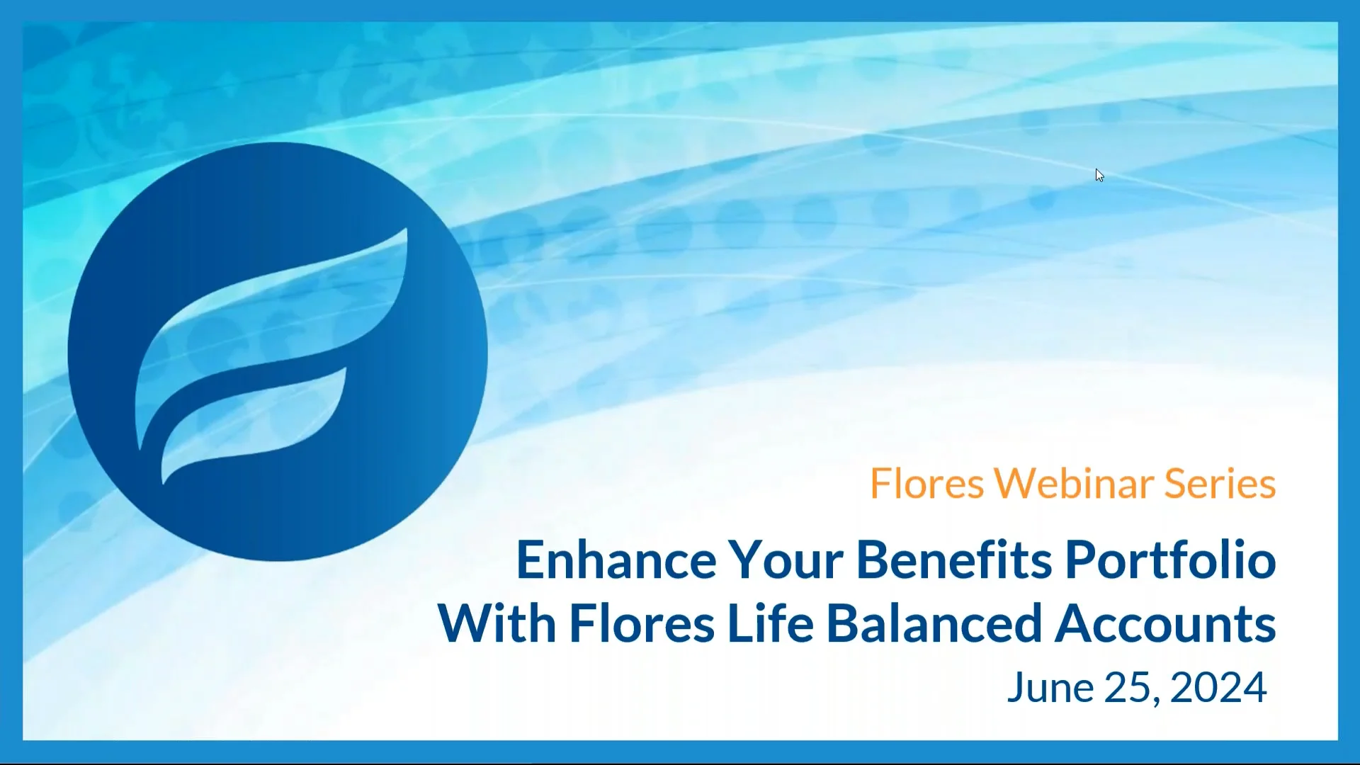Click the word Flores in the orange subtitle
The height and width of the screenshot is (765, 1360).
pyautogui.click(x=926, y=484)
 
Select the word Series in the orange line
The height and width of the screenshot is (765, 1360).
pyautogui.click(x=1220, y=484)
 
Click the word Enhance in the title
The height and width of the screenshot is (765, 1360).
pyautogui.click(x=616, y=560)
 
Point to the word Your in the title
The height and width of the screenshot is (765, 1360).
pyautogui.click(x=786, y=560)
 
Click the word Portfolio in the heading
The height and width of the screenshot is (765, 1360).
pyautogui.click(x=1170, y=560)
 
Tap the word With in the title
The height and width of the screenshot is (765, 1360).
pyautogui.click(x=497, y=624)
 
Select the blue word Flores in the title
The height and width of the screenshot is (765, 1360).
pyautogui.click(x=642, y=624)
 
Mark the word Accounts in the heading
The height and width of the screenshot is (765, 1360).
pyautogui.click(x=1165, y=624)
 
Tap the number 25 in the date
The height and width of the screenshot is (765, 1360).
pyautogui.click(x=1127, y=688)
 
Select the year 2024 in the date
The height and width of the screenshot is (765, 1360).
pyautogui.click(x=1218, y=688)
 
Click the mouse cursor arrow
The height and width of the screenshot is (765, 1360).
pyautogui.click(x=1099, y=175)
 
